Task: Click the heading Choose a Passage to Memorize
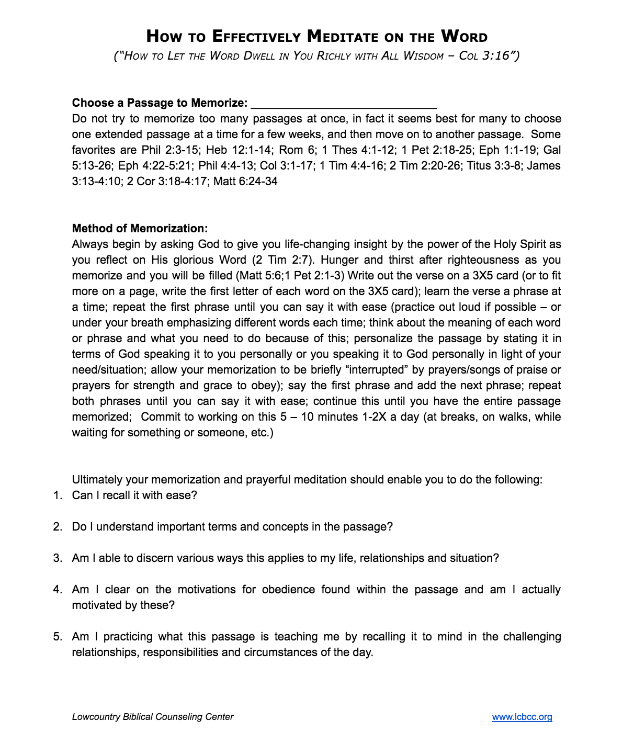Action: [160, 103]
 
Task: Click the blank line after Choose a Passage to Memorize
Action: [344, 104]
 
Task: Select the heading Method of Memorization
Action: [140, 228]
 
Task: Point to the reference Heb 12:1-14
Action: [239, 150]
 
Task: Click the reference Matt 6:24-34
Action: [245, 182]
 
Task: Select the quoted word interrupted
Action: [376, 370]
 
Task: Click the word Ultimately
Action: [97, 480]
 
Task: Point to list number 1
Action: [58, 495]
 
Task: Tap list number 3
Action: [58, 558]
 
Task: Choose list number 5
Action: [58, 637]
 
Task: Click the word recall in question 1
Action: [116, 495]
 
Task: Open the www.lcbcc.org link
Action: [522, 717]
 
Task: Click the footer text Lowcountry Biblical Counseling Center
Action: [153, 717]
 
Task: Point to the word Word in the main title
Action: [465, 37]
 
